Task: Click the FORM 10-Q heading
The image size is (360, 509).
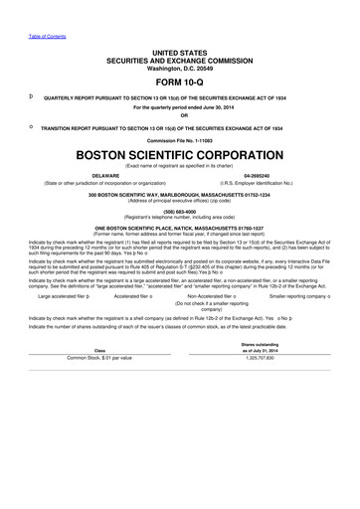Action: click(x=180, y=83)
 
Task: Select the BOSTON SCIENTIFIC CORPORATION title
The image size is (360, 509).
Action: click(x=180, y=157)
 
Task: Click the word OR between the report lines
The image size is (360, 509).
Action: click(x=180, y=117)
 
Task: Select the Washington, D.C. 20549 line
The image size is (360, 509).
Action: click(x=180, y=66)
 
